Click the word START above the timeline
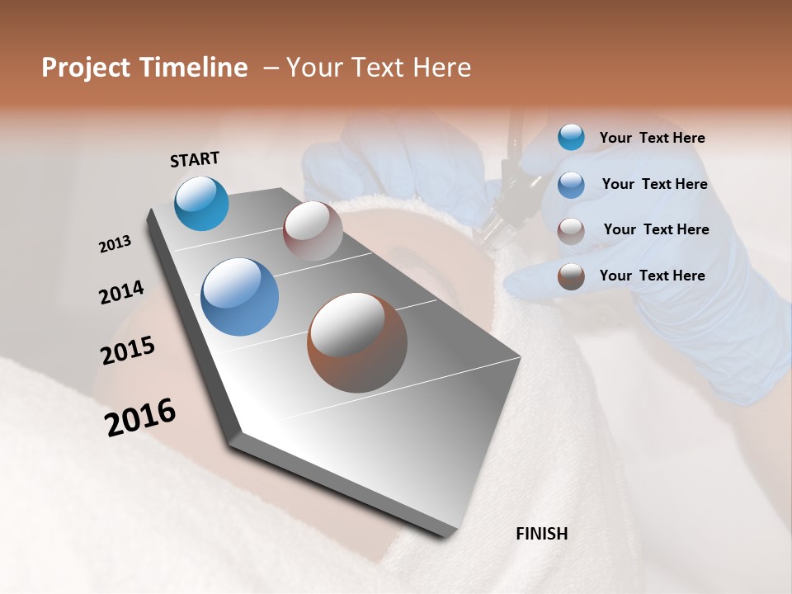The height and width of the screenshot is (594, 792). click(195, 159)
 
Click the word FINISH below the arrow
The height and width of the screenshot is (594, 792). click(541, 534)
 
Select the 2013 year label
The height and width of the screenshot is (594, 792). click(115, 244)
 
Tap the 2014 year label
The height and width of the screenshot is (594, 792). click(121, 293)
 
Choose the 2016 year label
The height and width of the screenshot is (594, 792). click(140, 417)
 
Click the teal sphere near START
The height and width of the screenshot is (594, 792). click(202, 204)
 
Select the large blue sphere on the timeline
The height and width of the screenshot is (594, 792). click(239, 297)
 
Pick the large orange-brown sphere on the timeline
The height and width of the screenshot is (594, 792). click(357, 342)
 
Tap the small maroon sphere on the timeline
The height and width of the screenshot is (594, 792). click(313, 231)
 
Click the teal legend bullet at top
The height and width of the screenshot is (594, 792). click(571, 137)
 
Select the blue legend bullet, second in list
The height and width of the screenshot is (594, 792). click(571, 185)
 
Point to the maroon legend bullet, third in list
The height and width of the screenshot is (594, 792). click(571, 231)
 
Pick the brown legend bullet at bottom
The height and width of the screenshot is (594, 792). click(571, 276)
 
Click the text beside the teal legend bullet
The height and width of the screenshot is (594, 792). click(652, 139)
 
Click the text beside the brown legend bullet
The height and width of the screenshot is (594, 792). click(652, 276)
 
